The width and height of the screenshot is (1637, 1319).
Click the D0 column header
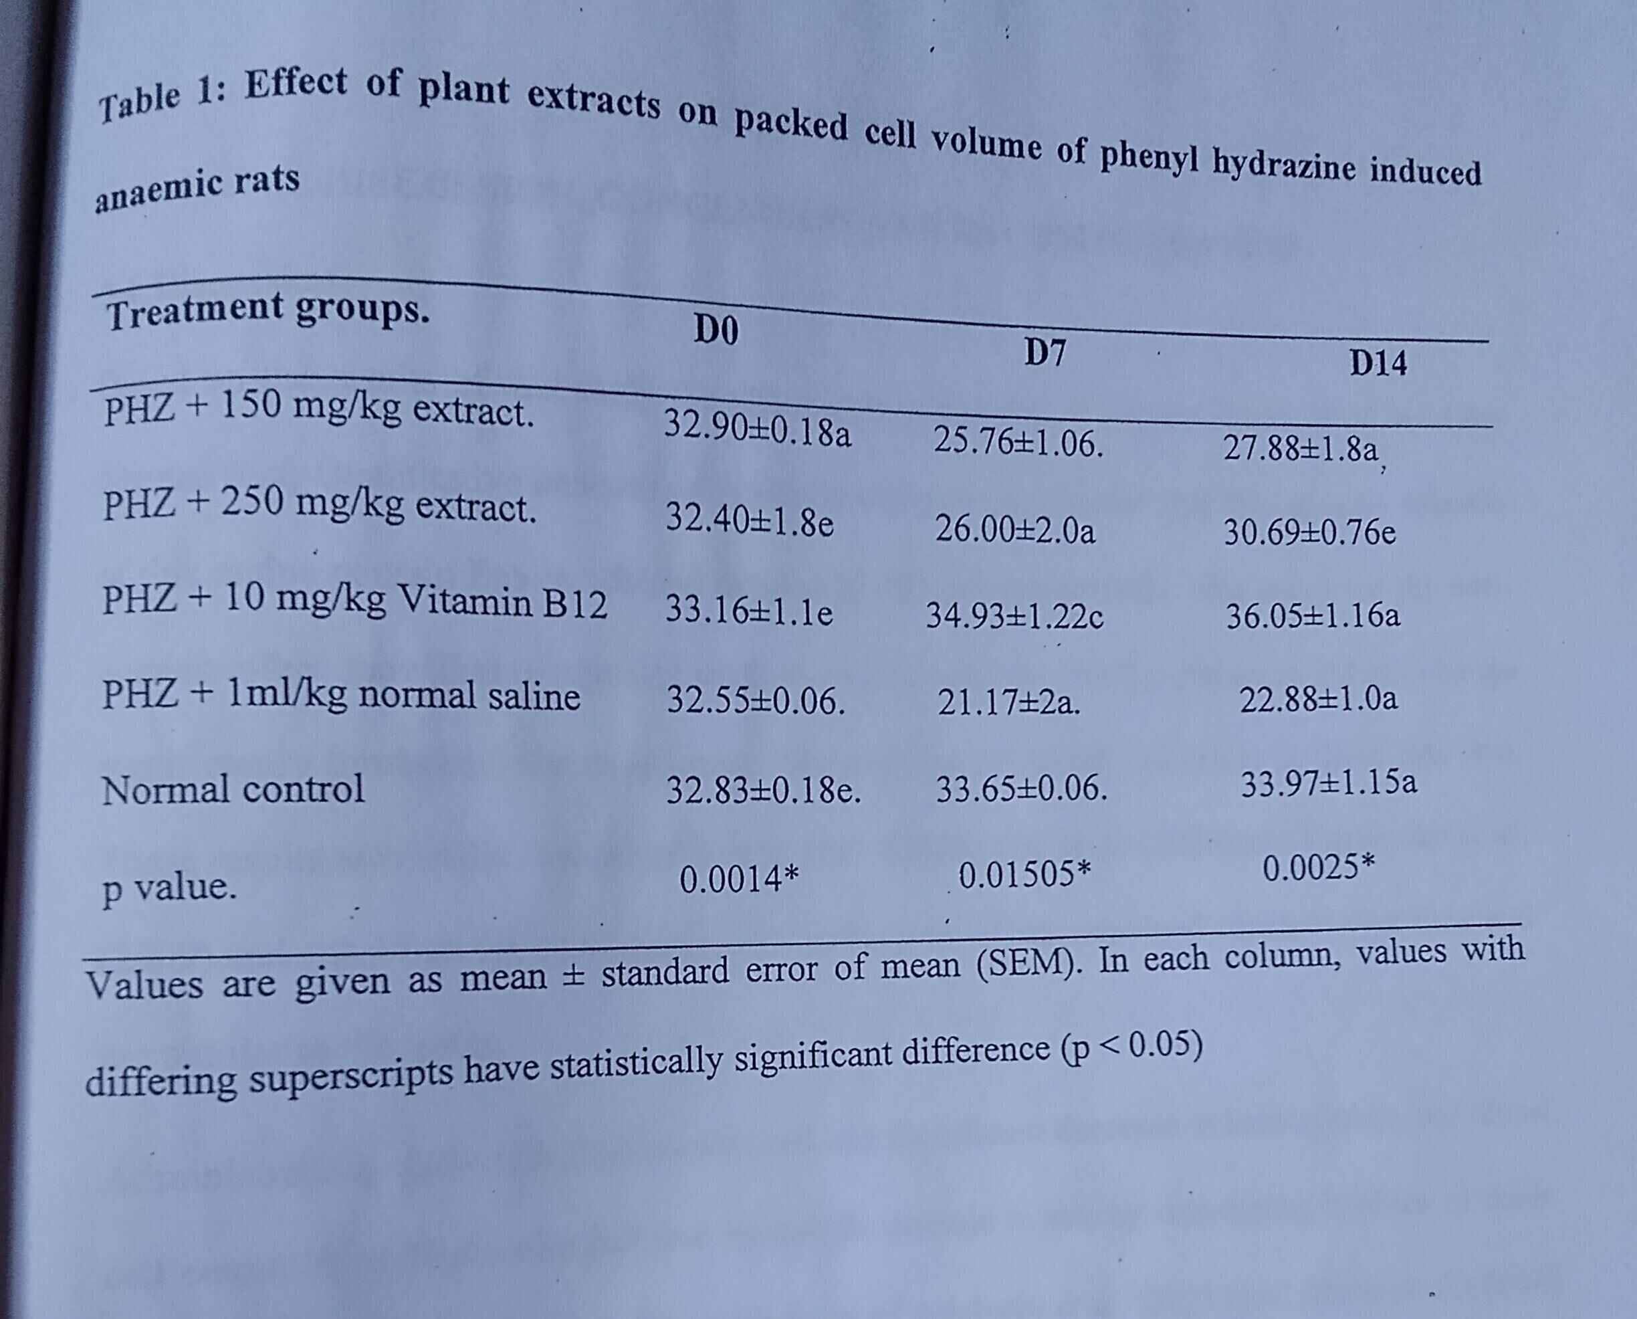pos(716,330)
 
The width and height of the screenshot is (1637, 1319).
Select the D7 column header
pos(1045,352)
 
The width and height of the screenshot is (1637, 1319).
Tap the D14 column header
pos(1378,363)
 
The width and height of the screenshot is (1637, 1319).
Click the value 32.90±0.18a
pos(758,429)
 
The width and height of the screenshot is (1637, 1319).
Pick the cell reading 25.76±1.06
pos(1018,441)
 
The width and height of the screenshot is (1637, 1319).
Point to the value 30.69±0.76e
pos(1309,532)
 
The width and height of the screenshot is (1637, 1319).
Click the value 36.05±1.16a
pos(1313,615)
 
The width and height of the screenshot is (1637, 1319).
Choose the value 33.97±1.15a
pos(1329,783)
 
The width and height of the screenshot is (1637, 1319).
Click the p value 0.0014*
pos(738,879)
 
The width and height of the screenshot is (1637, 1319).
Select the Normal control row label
pos(233,789)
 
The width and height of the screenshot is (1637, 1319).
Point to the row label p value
pos(169,888)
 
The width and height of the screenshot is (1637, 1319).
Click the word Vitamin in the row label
pos(465,601)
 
